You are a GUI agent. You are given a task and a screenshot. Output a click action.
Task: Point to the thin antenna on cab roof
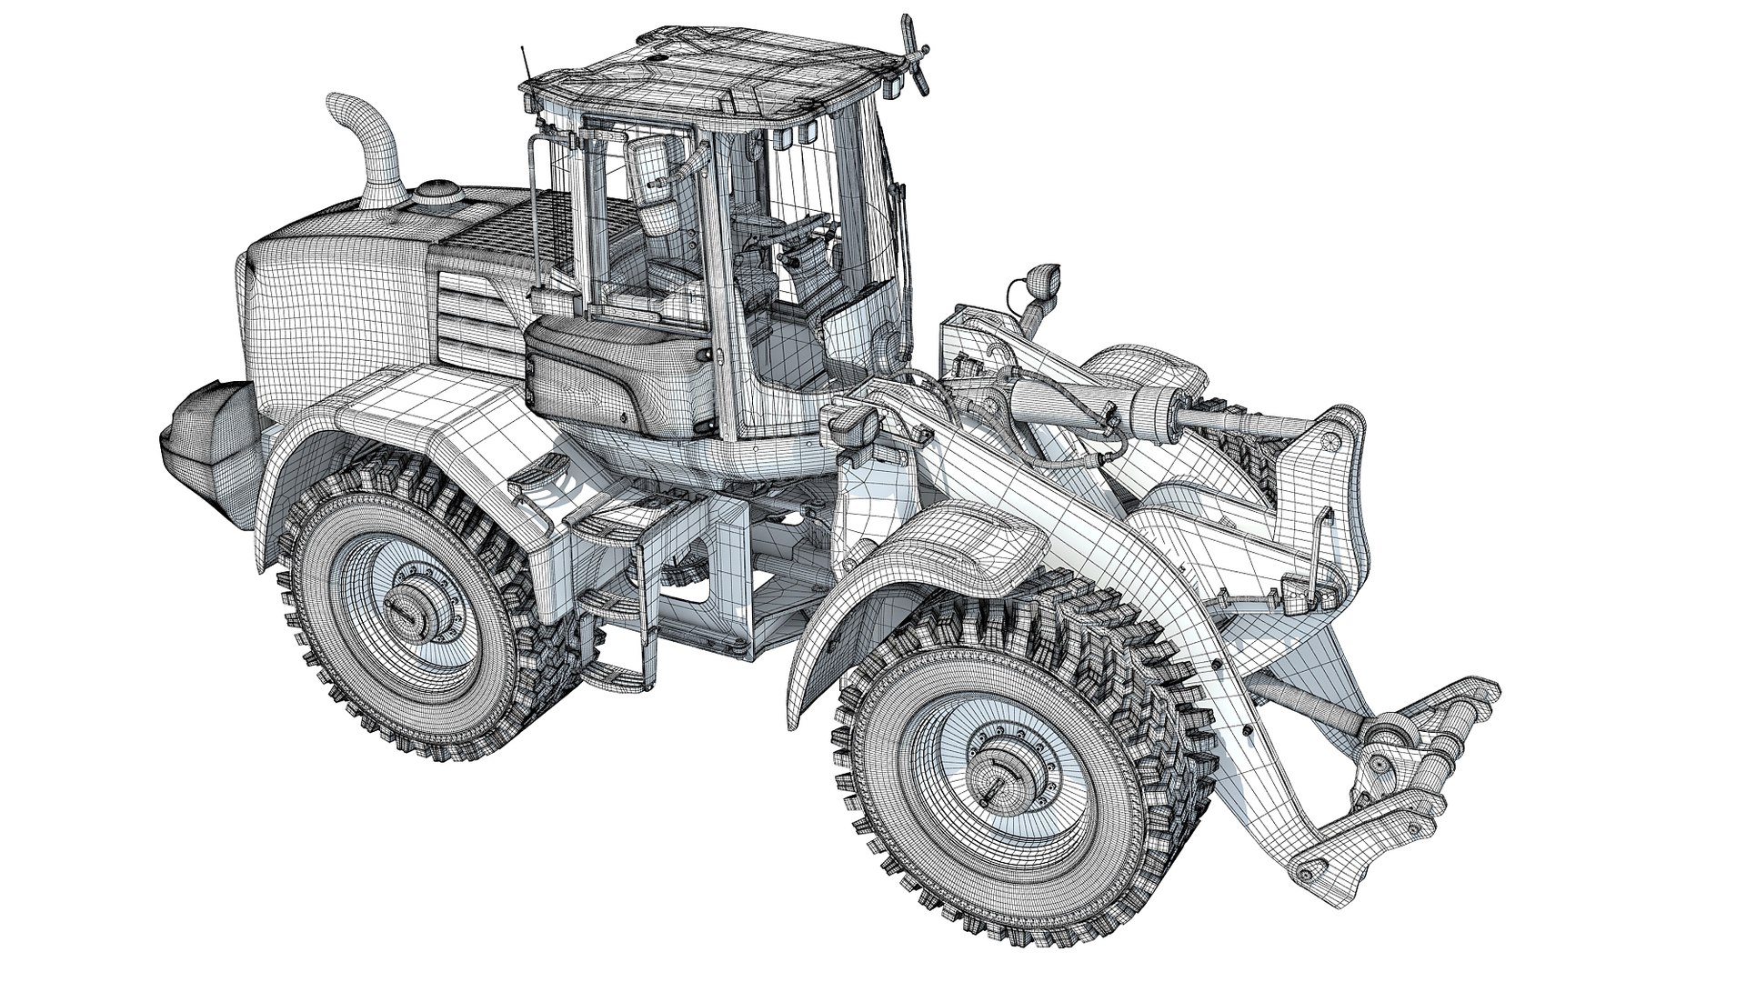pos(525,64)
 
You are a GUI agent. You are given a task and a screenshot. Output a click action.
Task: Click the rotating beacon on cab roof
pos(912,55)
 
